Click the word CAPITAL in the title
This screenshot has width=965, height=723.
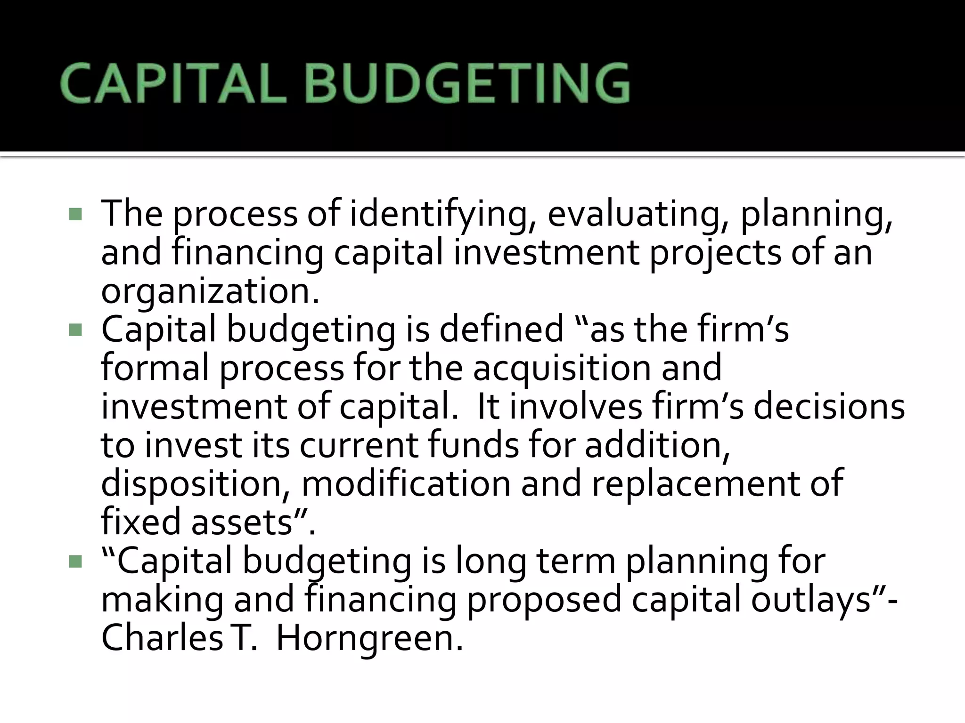tap(172, 84)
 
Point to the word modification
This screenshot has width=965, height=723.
tap(406, 484)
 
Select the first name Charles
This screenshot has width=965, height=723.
tap(162, 639)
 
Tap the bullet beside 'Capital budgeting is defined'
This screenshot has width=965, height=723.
tap(75, 330)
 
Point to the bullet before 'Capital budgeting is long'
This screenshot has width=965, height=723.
tap(75, 562)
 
